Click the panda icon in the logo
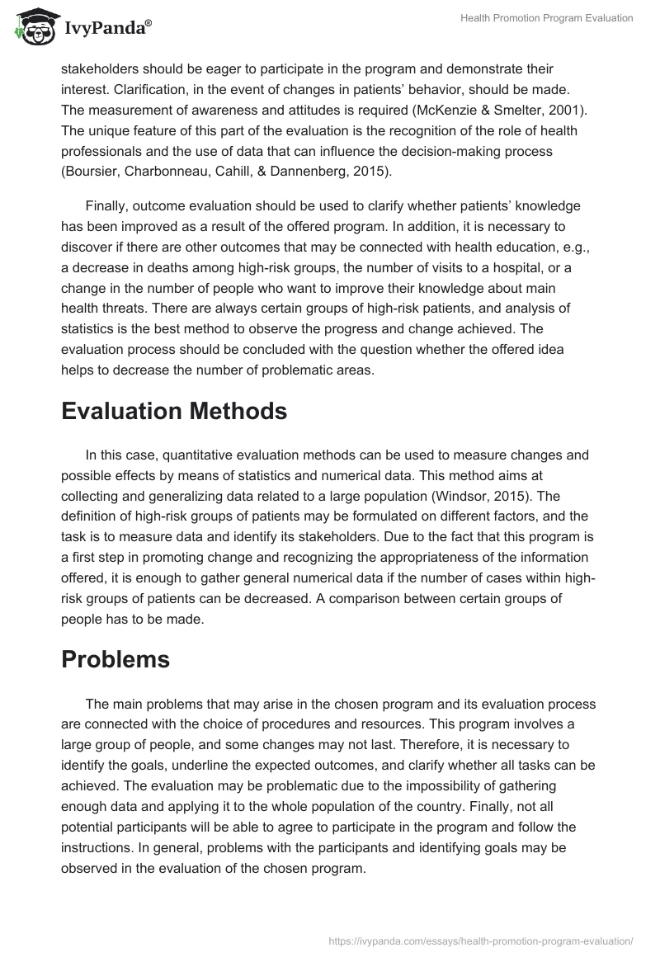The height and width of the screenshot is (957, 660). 31,26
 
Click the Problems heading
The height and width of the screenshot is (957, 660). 115,659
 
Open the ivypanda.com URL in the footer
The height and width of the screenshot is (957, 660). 481,940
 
